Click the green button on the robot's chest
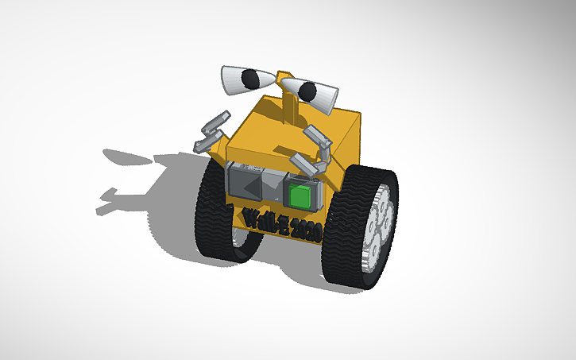300,195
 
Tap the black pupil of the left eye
250,78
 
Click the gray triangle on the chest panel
253,184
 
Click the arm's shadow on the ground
111,203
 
